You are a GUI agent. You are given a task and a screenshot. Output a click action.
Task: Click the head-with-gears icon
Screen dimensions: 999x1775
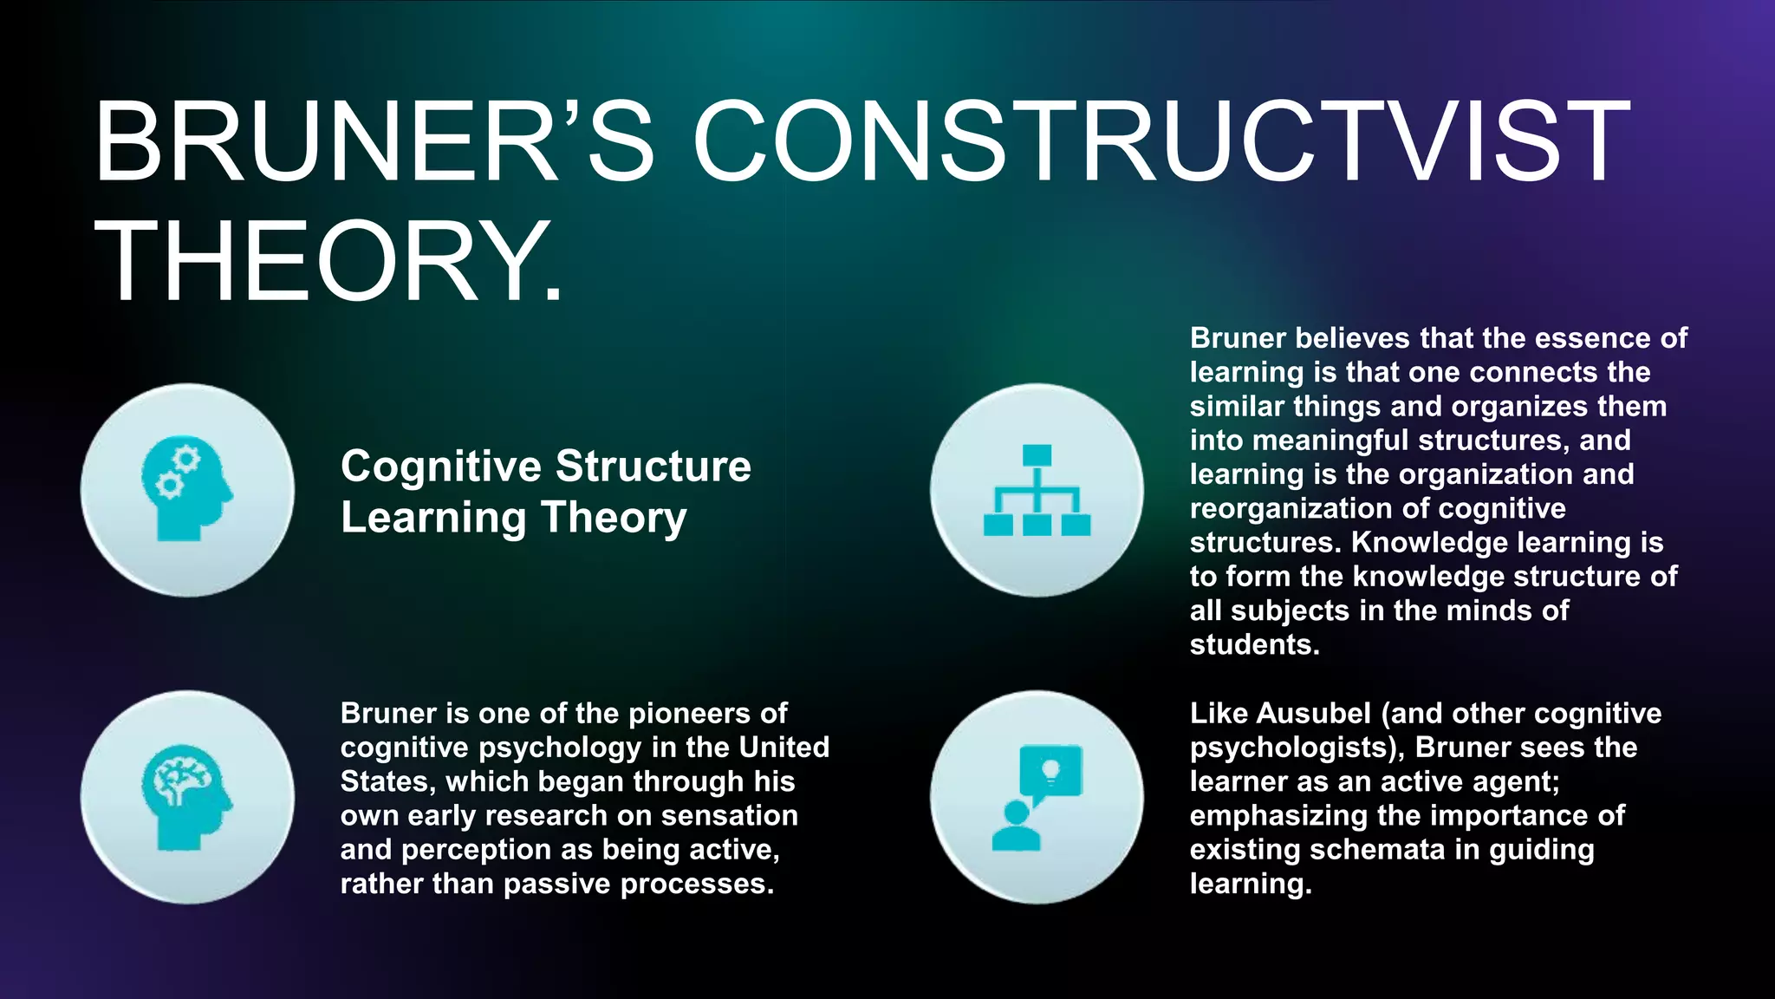tap(187, 489)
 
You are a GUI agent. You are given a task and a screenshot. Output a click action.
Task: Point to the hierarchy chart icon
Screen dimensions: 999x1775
tap(1037, 489)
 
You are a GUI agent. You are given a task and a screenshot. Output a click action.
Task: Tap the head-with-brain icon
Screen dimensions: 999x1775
tap(187, 797)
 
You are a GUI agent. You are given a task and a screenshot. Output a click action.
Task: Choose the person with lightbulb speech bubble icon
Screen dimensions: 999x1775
tap(1037, 797)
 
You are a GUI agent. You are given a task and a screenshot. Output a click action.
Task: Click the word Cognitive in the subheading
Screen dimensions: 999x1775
tap(440, 467)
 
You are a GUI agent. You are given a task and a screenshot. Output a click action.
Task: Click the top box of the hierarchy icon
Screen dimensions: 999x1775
tap(1037, 455)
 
